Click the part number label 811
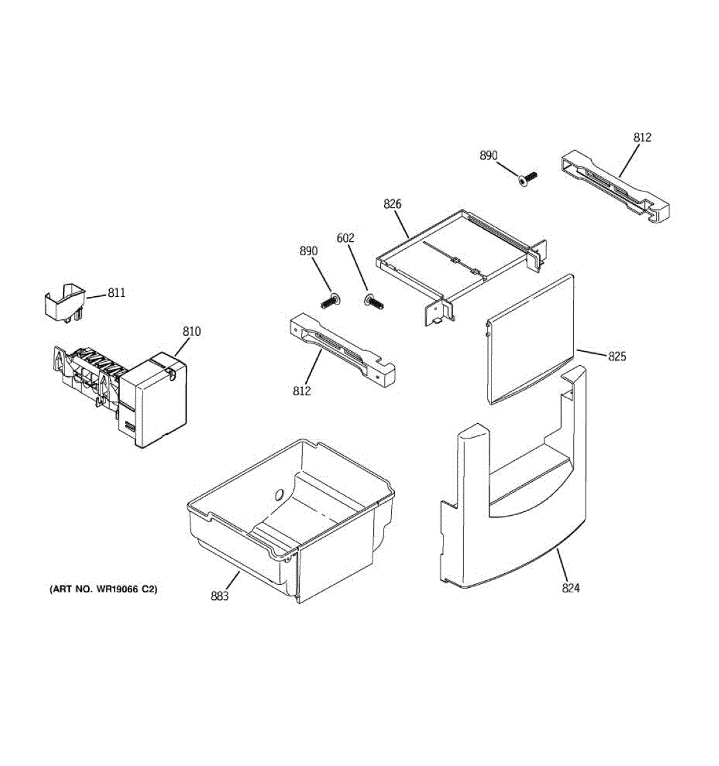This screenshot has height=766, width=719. coord(116,293)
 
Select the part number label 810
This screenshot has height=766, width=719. coord(191,331)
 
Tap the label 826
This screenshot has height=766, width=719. coord(392,204)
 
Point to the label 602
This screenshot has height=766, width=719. coord(345,238)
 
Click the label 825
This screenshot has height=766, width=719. coord(617,356)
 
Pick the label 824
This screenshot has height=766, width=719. coord(571,588)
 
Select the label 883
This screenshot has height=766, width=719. coord(219,596)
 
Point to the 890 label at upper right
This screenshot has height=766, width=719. coord(488,156)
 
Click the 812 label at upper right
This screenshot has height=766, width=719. coord(642,137)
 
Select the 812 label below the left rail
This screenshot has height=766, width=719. coord(302,391)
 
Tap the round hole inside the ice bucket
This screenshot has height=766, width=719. coord(279,494)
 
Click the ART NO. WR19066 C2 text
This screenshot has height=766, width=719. coord(104,589)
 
